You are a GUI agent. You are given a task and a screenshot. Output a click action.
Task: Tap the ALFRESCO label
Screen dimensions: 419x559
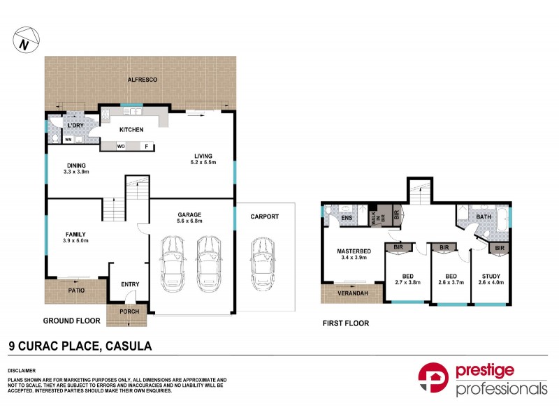(142, 80)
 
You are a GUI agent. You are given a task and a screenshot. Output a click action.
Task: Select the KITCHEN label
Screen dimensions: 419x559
(131, 130)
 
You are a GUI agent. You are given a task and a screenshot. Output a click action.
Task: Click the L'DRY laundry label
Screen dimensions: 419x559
(75, 125)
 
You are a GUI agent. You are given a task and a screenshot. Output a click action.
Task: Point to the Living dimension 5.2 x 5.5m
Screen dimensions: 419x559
(204, 163)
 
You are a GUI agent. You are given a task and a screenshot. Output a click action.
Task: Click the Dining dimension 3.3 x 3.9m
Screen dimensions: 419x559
(78, 171)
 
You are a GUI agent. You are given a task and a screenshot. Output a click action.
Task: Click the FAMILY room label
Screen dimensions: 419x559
(78, 235)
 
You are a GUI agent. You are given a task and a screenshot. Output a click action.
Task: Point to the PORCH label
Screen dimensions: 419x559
(129, 311)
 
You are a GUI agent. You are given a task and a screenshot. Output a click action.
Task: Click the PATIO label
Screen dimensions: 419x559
(77, 288)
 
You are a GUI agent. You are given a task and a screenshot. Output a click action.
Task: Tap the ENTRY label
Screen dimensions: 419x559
(129, 284)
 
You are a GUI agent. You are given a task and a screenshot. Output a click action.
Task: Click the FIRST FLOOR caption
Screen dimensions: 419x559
(346, 323)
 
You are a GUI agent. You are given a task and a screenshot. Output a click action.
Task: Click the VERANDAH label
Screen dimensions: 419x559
(347, 293)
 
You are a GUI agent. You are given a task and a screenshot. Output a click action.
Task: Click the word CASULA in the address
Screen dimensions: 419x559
(128, 345)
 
